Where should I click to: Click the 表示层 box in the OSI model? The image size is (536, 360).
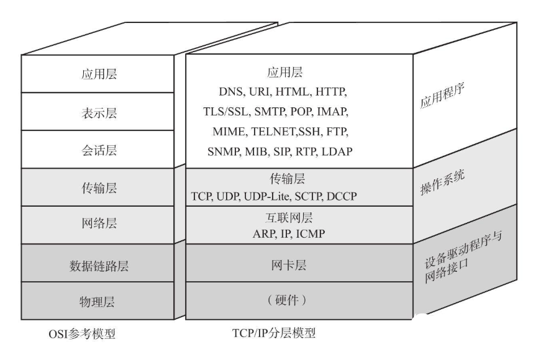99,112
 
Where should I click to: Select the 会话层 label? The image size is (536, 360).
99,150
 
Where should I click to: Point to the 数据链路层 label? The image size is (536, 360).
99,265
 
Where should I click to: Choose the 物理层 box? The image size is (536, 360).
99,302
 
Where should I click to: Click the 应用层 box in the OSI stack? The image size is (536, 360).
99,74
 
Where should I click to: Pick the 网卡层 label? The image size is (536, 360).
289,265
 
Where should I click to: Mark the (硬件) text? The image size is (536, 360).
289,302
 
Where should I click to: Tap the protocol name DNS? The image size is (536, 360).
231,92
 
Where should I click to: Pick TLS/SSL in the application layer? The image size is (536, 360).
226,112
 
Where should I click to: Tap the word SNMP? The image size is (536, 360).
223,151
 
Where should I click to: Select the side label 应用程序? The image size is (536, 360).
442,96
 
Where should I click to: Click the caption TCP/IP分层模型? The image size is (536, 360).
273,334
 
